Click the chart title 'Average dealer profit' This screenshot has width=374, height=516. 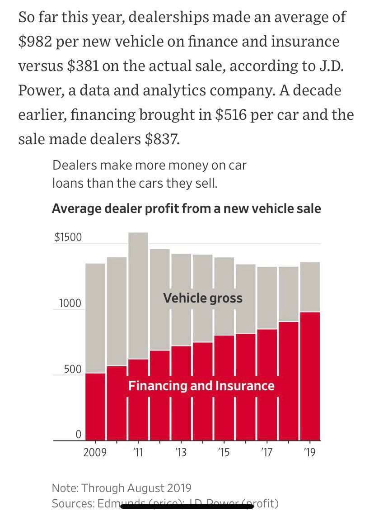click(186, 209)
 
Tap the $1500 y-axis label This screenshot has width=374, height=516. click(68, 238)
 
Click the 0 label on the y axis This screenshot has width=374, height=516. click(78, 435)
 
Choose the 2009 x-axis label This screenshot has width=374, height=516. click(95, 452)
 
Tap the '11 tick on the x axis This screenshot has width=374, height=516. click(138, 452)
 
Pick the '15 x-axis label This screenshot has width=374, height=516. click(224, 452)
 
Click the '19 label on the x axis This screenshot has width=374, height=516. click(309, 452)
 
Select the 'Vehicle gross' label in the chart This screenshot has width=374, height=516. click(203, 298)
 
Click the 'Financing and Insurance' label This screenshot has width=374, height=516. click(201, 386)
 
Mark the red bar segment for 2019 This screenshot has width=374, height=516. click(309, 375)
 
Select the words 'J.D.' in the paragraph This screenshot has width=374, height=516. click(329, 66)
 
